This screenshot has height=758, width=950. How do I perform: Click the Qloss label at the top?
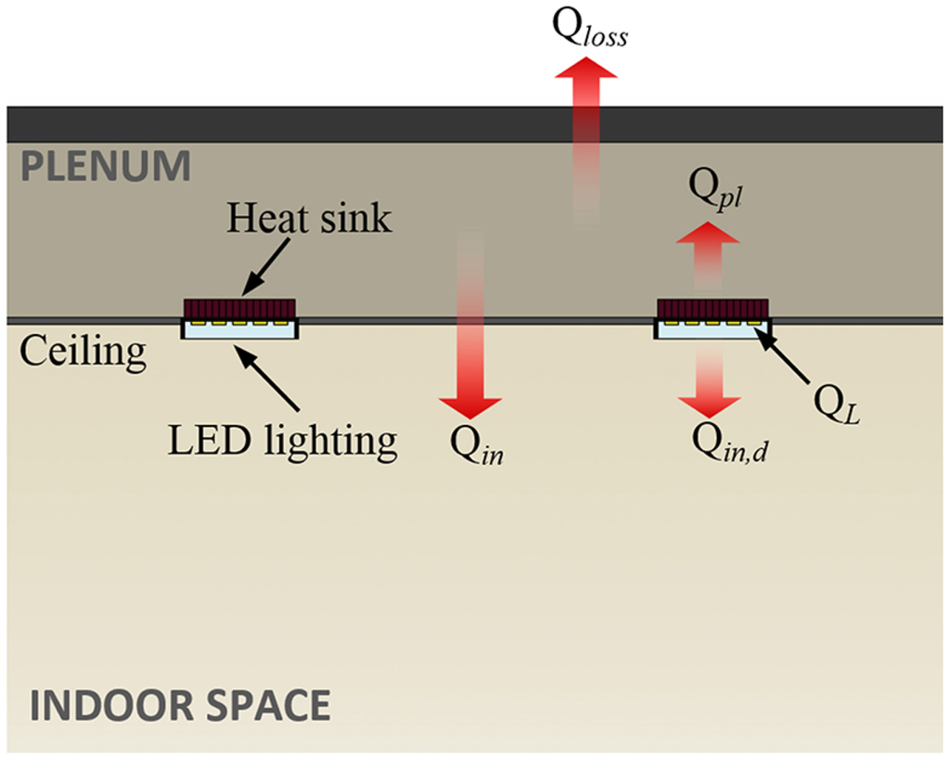(x=590, y=32)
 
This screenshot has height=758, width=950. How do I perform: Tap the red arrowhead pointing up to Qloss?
(x=587, y=74)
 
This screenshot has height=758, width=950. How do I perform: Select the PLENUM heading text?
(x=106, y=168)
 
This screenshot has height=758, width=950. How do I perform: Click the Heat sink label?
(x=310, y=219)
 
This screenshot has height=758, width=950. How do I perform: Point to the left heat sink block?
(x=240, y=307)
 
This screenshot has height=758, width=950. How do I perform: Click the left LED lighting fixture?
(x=240, y=328)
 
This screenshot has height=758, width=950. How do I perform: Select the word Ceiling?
(x=83, y=352)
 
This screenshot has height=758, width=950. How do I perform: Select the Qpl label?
(x=712, y=195)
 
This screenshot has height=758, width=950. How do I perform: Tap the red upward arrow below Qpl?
(x=709, y=251)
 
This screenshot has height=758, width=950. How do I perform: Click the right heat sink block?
(x=712, y=307)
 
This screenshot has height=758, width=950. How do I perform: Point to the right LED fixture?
(x=712, y=328)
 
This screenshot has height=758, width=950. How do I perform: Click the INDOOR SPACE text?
(x=179, y=705)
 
